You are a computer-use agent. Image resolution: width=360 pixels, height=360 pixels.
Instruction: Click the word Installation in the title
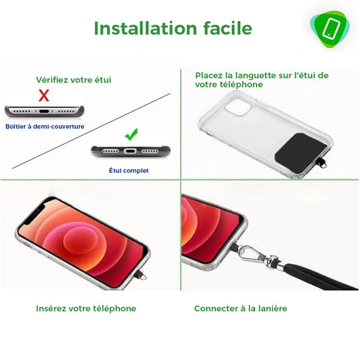click(x=145, y=28)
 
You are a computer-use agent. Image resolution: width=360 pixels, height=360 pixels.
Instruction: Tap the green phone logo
click(x=330, y=29)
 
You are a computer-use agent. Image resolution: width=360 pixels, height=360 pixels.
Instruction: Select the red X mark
click(x=43, y=95)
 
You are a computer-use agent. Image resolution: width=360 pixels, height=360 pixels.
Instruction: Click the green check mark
click(x=131, y=134)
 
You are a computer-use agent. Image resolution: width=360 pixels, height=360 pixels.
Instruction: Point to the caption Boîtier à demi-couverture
click(x=45, y=126)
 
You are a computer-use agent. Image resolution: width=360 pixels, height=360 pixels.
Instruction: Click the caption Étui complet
click(x=129, y=170)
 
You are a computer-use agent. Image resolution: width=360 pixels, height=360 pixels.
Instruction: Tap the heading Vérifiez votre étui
click(x=73, y=79)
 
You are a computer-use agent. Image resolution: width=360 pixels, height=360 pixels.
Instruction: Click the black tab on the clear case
click(x=301, y=152)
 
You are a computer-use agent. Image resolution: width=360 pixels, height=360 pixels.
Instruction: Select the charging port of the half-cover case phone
click(x=44, y=111)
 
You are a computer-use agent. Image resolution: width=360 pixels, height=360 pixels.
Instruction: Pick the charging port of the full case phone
click(x=130, y=151)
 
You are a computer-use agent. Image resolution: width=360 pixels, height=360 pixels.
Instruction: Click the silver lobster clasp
click(x=253, y=253)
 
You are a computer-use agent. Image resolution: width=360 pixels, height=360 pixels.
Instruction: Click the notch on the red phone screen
click(x=34, y=211)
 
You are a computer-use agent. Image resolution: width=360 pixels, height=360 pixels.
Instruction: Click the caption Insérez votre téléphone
click(x=86, y=308)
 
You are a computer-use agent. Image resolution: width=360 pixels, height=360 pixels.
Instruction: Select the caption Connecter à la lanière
click(x=241, y=308)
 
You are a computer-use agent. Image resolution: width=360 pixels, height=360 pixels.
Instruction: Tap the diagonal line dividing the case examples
click(x=91, y=131)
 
